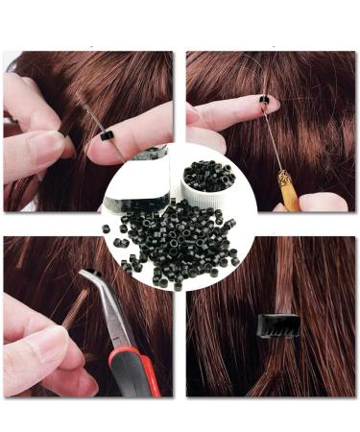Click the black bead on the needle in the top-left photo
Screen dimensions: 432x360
108,133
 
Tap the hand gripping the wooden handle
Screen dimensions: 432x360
322,203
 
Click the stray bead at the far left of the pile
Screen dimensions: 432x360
106,228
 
